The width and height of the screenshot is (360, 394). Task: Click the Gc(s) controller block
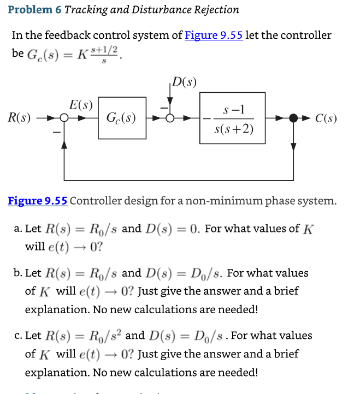tap(122, 117)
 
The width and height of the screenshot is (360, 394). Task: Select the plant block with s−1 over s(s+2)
tap(225, 117)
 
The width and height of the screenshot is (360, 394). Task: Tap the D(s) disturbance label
tap(184, 83)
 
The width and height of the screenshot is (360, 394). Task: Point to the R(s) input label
tap(19, 118)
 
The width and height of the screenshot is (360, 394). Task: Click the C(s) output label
tap(326, 118)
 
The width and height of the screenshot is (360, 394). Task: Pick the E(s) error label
tap(81, 104)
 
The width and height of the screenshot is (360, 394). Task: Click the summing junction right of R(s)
tap(64, 118)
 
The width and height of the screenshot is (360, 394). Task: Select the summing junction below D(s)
tap(170, 118)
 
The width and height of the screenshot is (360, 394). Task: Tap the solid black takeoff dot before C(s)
tap(293, 118)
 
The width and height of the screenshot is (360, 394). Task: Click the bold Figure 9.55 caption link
tap(37, 200)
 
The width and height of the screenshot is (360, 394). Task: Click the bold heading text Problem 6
tap(34, 9)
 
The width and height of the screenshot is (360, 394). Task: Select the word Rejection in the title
tap(212, 9)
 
